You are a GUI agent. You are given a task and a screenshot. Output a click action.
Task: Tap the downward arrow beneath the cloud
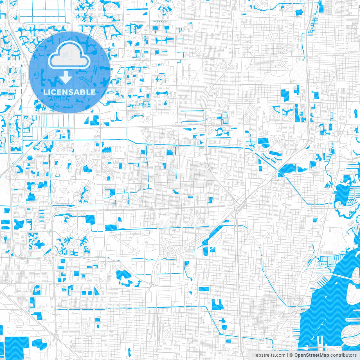click(x=66, y=77)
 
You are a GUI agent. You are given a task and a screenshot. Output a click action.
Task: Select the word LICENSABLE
click(x=69, y=92)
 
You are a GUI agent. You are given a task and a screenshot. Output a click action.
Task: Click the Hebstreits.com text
click(x=269, y=355)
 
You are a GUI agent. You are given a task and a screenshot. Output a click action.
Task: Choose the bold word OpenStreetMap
click(x=312, y=355)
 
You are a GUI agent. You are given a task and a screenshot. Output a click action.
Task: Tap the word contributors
click(x=343, y=355)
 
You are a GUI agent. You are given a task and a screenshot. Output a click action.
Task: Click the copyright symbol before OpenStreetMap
click(x=291, y=355)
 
